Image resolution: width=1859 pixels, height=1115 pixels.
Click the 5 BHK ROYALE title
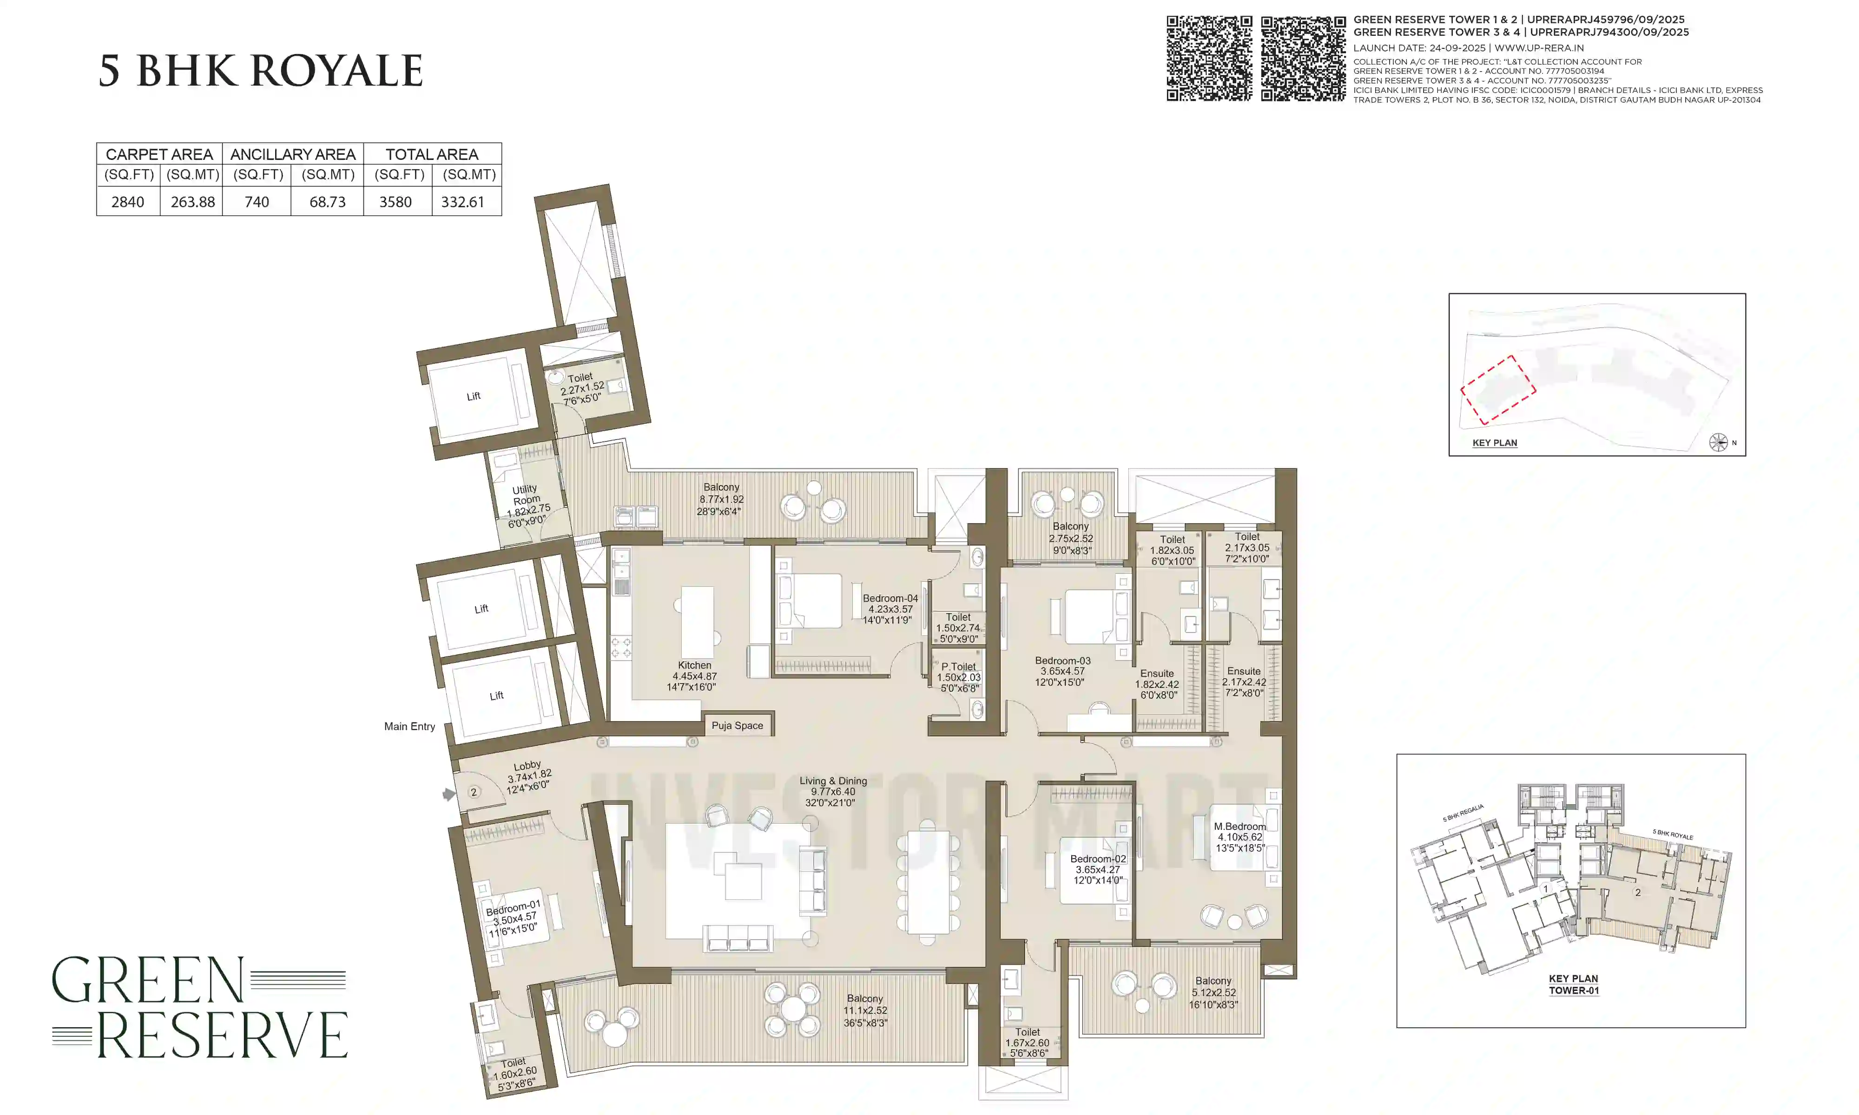[x=261, y=72]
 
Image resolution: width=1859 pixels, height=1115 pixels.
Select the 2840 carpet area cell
[x=128, y=201]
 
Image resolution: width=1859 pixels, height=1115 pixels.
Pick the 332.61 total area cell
[x=463, y=201]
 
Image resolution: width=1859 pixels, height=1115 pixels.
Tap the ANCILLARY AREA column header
[x=292, y=154]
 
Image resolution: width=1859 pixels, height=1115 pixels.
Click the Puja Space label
[x=737, y=725]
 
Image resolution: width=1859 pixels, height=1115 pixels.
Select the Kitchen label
[x=694, y=676]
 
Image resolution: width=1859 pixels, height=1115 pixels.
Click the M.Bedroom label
[x=1240, y=836]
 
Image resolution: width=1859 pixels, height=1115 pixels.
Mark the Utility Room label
[x=527, y=505]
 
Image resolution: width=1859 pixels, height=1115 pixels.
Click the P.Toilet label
[x=959, y=677]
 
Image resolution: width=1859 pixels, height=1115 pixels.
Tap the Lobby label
[x=528, y=776]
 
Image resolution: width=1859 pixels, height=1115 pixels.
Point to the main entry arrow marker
[x=448, y=794]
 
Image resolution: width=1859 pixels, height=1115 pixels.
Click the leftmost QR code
[x=1209, y=59]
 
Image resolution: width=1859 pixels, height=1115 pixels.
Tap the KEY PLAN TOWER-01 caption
[x=1574, y=984]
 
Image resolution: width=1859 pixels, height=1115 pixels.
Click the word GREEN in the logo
[x=148, y=981]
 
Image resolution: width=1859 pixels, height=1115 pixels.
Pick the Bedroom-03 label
[x=1062, y=671]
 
